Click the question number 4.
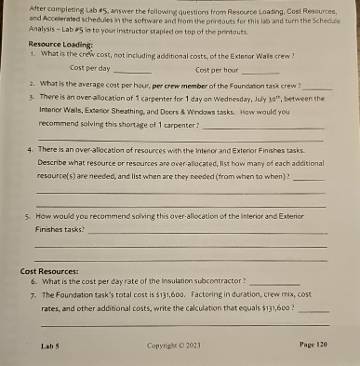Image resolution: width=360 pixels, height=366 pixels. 32,147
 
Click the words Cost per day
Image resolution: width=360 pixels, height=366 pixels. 90,69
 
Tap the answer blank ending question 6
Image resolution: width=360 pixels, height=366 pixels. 275,282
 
